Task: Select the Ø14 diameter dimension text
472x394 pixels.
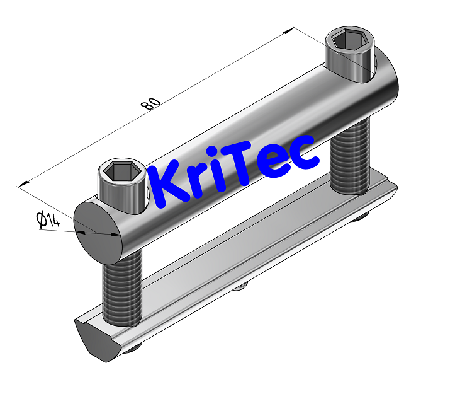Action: (48, 220)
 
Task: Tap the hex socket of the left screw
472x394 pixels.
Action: (119, 171)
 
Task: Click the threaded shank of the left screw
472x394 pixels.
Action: (119, 287)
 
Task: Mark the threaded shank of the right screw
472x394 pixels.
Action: (350, 158)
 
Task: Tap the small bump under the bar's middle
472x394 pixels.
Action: (240, 287)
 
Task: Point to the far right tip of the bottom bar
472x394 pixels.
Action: (396, 186)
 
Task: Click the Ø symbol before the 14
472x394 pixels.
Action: (41, 220)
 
